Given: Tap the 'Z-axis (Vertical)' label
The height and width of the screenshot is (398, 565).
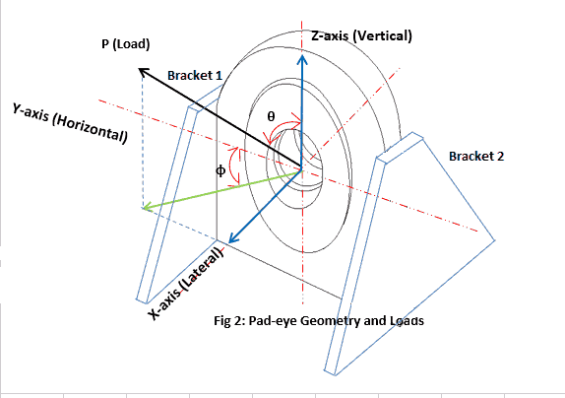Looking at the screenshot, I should [360, 36].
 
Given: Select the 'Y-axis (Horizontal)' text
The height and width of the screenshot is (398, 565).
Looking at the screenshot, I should [70, 124].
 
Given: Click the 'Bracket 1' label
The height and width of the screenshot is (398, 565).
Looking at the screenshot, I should [195, 75].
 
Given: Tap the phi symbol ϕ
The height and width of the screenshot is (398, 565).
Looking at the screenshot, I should [220, 169].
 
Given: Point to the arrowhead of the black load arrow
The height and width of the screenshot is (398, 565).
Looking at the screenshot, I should [142, 70].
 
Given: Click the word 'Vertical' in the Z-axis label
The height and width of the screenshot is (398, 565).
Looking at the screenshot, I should [382, 36].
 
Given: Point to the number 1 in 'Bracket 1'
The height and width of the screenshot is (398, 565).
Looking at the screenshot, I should [220, 75].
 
